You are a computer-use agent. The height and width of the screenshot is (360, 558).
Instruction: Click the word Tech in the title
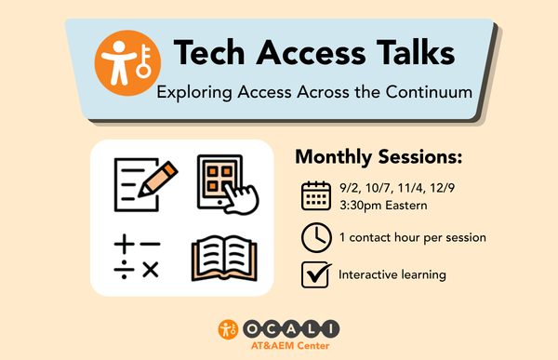(x=209, y=53)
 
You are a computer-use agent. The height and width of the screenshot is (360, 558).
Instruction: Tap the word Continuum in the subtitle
(x=429, y=92)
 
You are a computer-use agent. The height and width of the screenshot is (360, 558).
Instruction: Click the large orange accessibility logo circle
(x=127, y=63)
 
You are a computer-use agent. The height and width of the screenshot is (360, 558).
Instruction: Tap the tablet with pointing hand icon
(x=228, y=184)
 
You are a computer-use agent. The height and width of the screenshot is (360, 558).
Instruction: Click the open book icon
(x=224, y=259)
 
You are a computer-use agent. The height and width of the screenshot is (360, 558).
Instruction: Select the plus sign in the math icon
(x=125, y=244)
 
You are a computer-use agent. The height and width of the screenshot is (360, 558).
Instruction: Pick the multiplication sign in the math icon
(x=151, y=270)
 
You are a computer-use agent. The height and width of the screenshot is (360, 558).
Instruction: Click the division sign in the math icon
(x=125, y=270)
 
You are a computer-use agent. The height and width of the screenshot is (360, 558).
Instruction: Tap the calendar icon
(x=316, y=195)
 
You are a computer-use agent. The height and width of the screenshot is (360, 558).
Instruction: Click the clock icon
(x=316, y=237)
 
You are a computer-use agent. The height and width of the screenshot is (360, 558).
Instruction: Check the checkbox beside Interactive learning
(x=315, y=274)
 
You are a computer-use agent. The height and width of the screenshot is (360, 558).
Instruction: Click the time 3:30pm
(x=361, y=206)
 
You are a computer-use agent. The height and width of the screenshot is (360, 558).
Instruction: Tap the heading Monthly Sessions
(x=379, y=156)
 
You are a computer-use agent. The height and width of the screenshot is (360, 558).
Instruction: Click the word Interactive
(x=368, y=274)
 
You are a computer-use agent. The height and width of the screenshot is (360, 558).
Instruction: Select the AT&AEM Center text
(x=290, y=345)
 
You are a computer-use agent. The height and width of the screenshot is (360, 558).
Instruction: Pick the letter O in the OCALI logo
(x=252, y=329)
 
